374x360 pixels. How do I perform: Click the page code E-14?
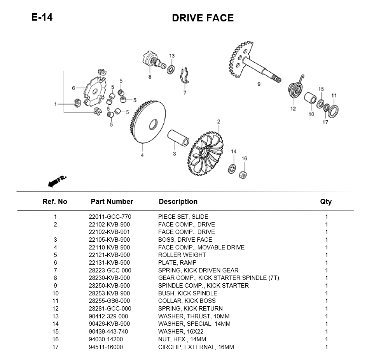coord(42,18)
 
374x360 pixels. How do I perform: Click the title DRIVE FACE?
coord(203,18)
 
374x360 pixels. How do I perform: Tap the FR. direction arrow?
coord(56,181)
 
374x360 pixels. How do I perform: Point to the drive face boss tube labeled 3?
coord(178,138)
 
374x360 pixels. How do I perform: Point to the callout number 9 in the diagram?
coord(259,84)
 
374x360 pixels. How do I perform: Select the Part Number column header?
coord(112,202)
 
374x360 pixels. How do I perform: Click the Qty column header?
coord(326,202)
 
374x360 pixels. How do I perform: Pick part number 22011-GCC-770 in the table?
coord(109,217)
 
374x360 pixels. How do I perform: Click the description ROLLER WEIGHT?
coord(182,255)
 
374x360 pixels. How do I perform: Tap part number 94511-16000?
coord(106,347)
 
